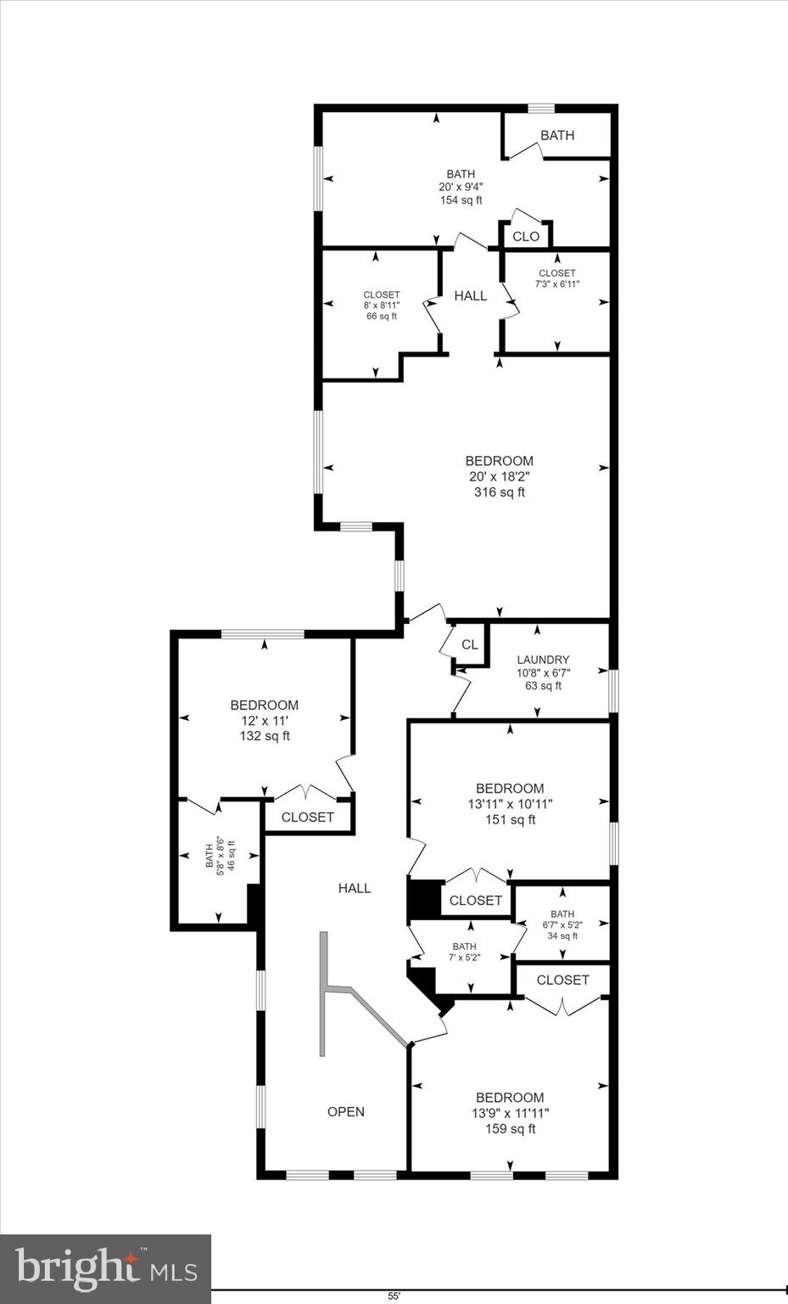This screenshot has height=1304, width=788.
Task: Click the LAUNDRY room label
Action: coord(543,660)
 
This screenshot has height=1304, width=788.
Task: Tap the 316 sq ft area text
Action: coord(499,492)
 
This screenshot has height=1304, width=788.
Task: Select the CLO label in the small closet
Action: coord(526,236)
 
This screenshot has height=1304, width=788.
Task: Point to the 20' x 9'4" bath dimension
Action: coord(461,188)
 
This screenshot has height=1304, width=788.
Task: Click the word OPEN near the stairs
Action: coord(346,1111)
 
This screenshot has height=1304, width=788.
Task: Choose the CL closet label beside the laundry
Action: coord(470,644)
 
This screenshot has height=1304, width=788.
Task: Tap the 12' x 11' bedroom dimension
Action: coord(265,721)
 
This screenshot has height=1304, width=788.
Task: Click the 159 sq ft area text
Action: coord(510,1128)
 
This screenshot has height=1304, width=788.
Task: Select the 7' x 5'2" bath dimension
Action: coord(464,958)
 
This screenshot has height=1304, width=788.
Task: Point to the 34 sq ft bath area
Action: coord(562,936)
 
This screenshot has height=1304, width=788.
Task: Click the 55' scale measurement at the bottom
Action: coord(394,1296)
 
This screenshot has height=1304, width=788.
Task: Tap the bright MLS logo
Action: coord(105,1268)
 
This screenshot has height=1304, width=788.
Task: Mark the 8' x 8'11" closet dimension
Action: coord(381,306)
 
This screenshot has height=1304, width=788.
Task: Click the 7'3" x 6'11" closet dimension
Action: coord(557,284)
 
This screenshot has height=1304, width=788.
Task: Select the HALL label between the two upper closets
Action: coord(471,295)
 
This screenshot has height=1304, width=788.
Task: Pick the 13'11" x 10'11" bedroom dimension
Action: coord(510,804)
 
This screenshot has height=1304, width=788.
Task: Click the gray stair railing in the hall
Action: coord(323,993)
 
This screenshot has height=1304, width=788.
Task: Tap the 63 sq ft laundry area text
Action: coord(543,686)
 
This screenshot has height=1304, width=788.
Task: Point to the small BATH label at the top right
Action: coord(557,135)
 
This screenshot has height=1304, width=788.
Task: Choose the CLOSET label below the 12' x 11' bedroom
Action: coord(307,817)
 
